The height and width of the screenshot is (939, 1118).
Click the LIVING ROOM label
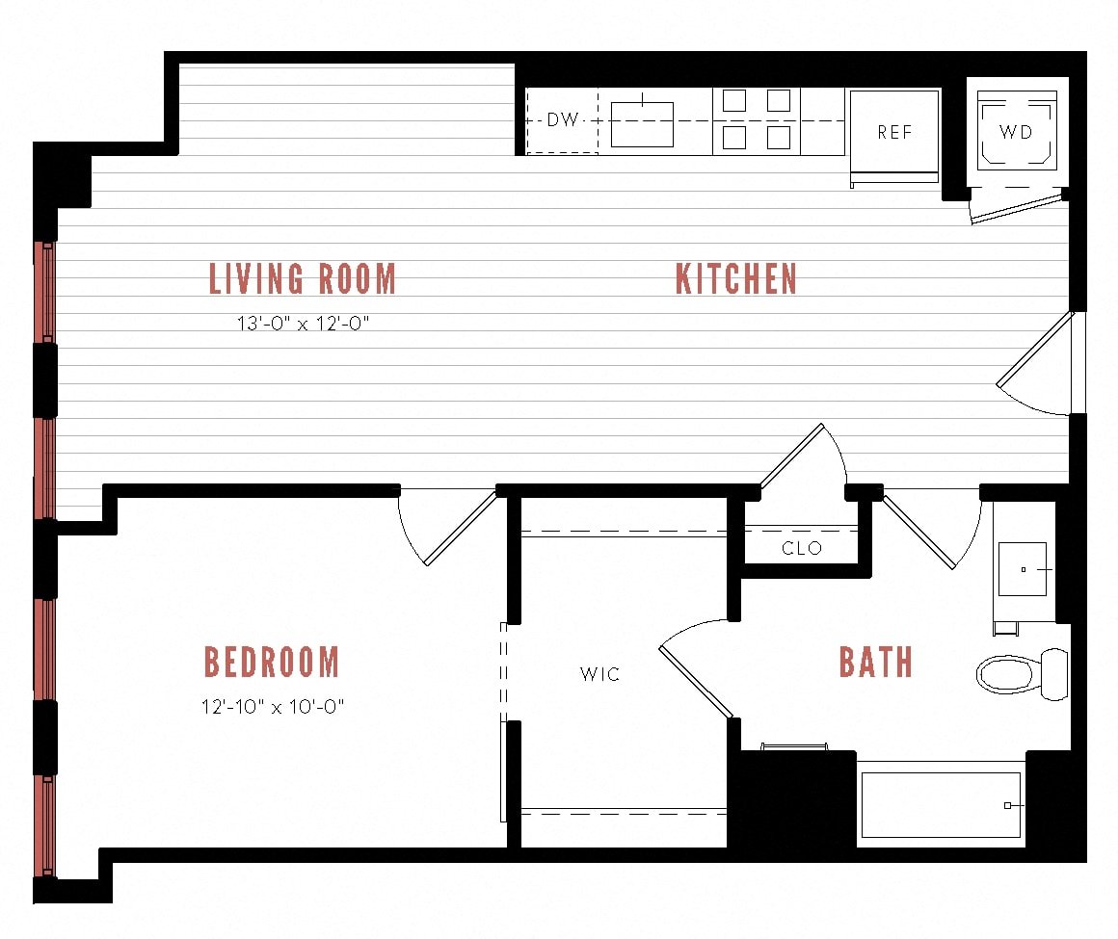coord(303,278)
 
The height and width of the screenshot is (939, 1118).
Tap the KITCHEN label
coord(735,278)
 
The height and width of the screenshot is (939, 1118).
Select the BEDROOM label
coord(272,662)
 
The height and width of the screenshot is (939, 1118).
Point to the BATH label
coord(875,662)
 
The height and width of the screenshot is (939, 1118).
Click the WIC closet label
coord(600,674)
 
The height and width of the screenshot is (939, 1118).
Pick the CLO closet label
coord(802,548)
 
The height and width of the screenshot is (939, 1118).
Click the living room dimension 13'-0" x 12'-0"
coord(303,324)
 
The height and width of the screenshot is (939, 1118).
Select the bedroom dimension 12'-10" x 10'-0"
coord(273,707)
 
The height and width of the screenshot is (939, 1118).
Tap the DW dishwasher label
coord(563,119)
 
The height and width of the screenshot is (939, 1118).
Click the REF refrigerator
coord(894,136)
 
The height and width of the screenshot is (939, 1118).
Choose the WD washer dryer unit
coord(1017,130)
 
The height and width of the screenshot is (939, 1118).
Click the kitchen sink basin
coord(642,124)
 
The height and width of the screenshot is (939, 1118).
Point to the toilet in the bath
coord(1021,674)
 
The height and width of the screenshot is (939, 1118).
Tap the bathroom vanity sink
coord(1023,569)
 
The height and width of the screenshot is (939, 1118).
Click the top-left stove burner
coord(734,100)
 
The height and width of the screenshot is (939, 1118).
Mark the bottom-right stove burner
coord(779,137)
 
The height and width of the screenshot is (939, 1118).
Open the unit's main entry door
coord(1034,363)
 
